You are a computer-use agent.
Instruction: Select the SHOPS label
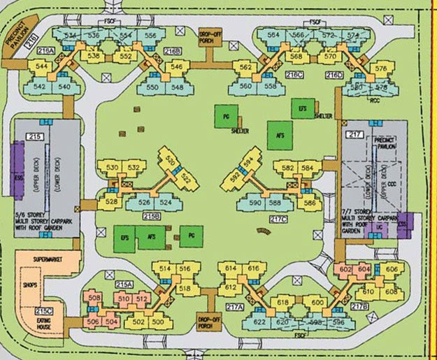pos(29,285)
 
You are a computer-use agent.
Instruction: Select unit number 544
pos(41,67)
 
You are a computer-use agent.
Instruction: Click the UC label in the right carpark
pos(380,228)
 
